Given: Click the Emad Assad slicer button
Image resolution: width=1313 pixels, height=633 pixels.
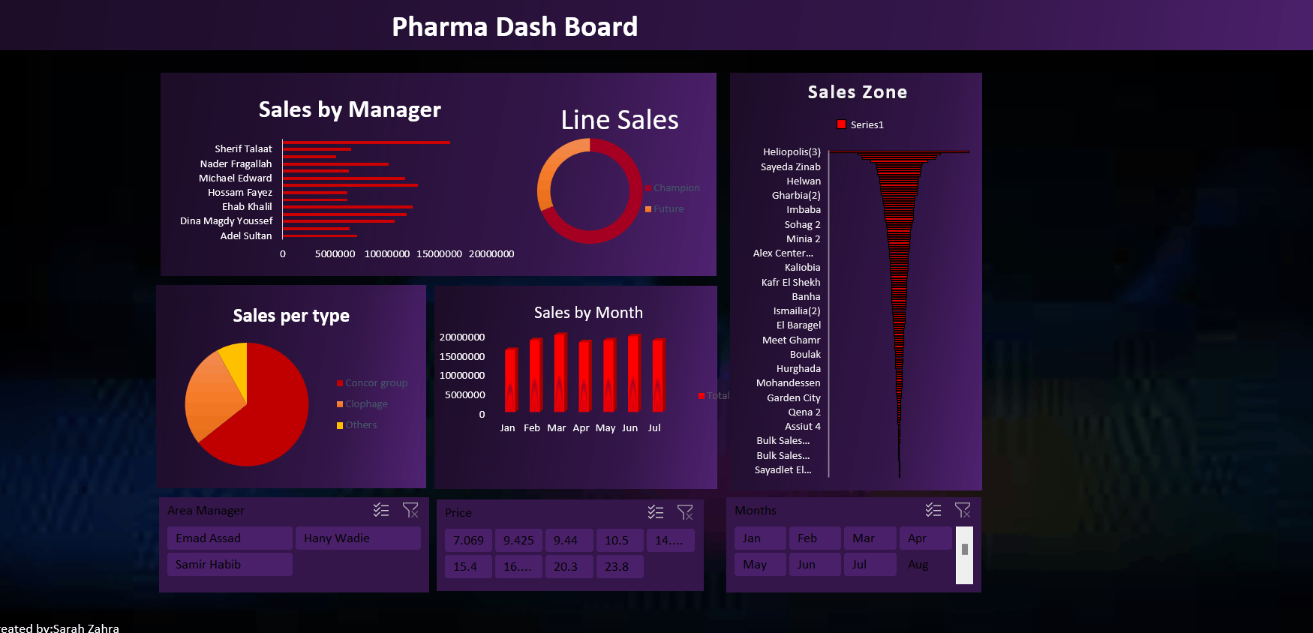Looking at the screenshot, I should tap(229, 538).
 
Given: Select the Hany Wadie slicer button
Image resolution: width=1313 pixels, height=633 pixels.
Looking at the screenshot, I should tap(357, 538).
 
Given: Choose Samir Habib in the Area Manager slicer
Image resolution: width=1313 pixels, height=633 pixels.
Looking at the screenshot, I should tap(229, 565).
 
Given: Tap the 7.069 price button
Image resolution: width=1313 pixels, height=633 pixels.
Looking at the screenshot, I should tap(468, 541).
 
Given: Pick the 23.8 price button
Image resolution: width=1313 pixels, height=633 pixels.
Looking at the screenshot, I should tap(617, 567).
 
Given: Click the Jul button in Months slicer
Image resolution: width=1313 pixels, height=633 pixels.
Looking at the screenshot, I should tap(869, 565).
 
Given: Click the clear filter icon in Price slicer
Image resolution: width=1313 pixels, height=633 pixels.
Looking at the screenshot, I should tap(685, 512).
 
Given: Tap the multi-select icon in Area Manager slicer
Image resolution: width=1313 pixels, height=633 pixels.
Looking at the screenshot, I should tap(381, 510).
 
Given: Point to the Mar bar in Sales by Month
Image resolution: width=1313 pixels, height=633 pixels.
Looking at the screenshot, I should tap(560, 373).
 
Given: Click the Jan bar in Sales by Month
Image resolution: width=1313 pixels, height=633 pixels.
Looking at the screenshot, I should tap(512, 381).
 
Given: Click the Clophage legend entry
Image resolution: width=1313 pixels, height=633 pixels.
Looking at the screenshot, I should tap(366, 404).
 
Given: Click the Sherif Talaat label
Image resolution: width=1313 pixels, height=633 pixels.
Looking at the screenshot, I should tap(243, 149).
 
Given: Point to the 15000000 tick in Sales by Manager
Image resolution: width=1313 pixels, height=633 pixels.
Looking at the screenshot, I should tap(439, 254).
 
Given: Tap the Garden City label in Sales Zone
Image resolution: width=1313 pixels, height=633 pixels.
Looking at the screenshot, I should tap(793, 398).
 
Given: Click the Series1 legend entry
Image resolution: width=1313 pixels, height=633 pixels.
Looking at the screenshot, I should tap(867, 125).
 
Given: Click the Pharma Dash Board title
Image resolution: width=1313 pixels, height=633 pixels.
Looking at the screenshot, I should tap(515, 27).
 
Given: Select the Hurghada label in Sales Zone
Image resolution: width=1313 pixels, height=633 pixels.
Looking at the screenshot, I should tap(798, 369).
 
